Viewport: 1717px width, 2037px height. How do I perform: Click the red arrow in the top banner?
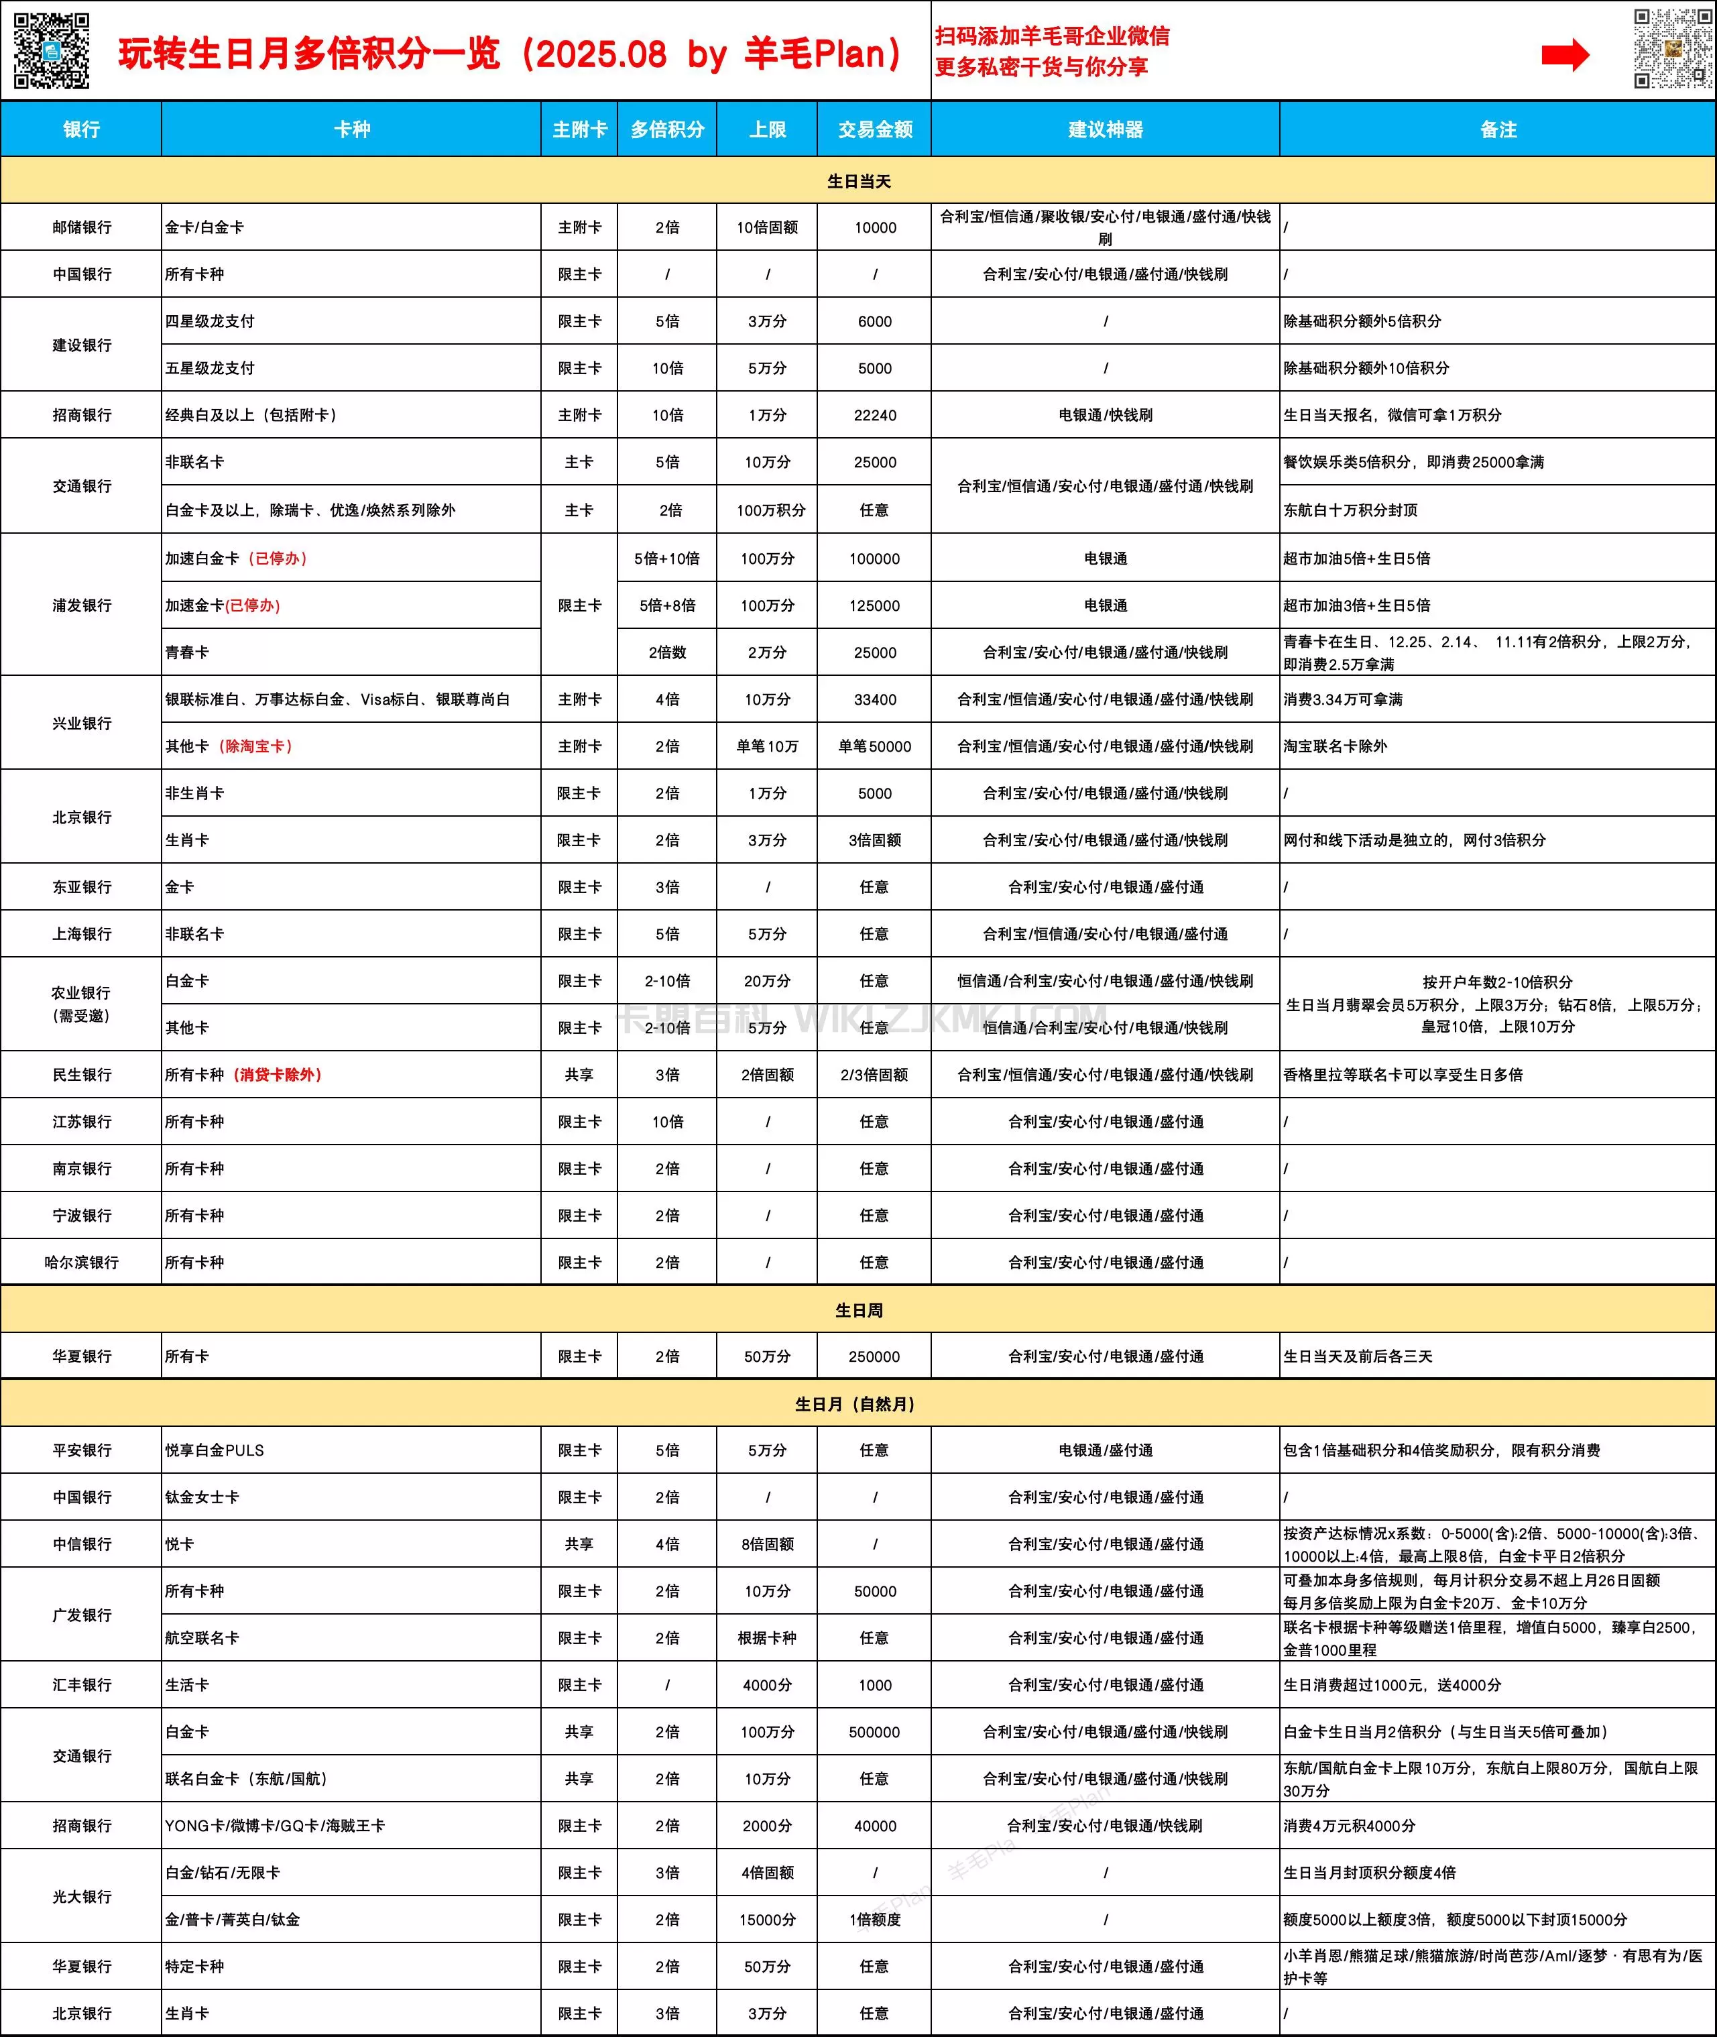(1564, 56)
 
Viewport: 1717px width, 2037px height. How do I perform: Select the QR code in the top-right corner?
(1671, 49)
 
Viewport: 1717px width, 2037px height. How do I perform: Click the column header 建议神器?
(1105, 129)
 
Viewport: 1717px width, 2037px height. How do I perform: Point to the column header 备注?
(1498, 129)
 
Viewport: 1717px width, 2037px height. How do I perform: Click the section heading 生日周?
(857, 1310)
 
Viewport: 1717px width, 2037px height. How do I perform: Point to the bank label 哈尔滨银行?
(82, 1263)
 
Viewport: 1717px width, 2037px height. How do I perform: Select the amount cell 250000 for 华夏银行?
(874, 1356)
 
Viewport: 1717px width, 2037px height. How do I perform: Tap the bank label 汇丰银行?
(82, 1685)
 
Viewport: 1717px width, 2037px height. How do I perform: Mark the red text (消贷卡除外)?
(278, 1074)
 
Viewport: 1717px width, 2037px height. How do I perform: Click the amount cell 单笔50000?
(874, 746)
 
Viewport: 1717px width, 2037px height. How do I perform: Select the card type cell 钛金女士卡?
(202, 1497)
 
